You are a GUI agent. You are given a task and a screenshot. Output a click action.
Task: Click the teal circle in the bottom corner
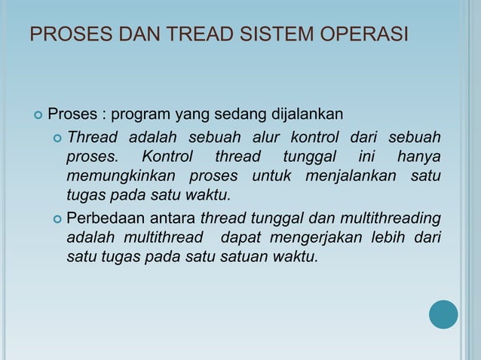[443, 314]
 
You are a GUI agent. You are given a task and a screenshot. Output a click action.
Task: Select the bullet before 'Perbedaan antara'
[57, 219]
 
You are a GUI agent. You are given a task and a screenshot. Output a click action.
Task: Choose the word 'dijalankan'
[308, 115]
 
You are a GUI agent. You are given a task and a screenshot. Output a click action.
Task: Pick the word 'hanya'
[418, 157]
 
